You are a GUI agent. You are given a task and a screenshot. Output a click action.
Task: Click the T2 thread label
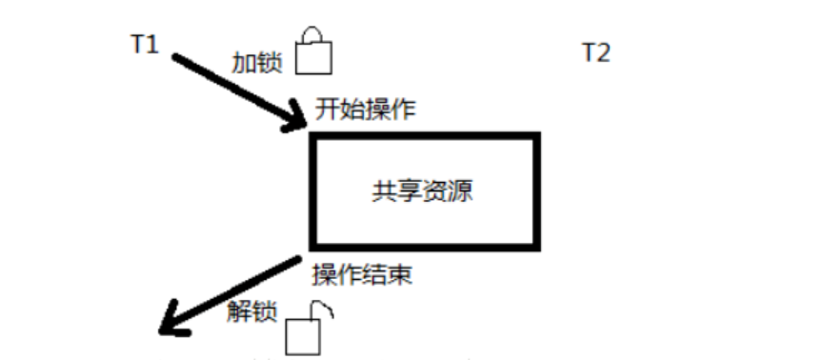click(x=595, y=52)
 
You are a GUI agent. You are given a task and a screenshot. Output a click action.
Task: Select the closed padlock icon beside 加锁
click(x=313, y=54)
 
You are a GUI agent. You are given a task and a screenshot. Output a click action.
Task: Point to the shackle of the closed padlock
click(x=313, y=35)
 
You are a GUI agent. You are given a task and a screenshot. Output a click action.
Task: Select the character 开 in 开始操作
click(x=326, y=109)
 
